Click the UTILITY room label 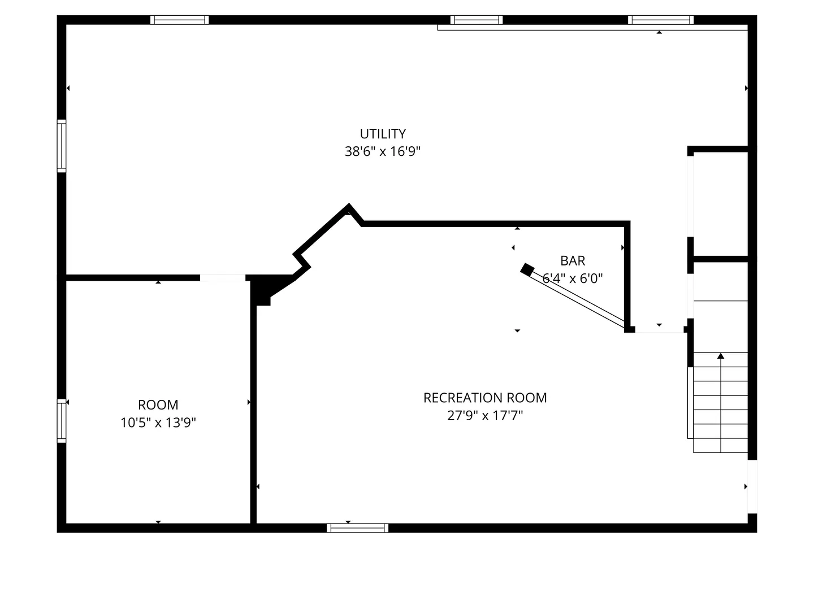pyautogui.click(x=383, y=134)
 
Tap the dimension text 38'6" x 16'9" pyautogui.click(x=383, y=151)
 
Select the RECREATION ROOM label pyautogui.click(x=485, y=398)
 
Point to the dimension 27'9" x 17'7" pyautogui.click(x=485, y=416)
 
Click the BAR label pyautogui.click(x=573, y=260)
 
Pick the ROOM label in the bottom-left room pyautogui.click(x=158, y=405)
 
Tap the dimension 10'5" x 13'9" pyautogui.click(x=158, y=422)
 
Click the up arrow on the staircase pyautogui.click(x=721, y=356)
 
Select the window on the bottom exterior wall pyautogui.click(x=357, y=528)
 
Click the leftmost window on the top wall pyautogui.click(x=180, y=20)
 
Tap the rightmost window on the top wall pyautogui.click(x=660, y=20)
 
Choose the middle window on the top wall pyautogui.click(x=476, y=20)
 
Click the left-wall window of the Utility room pyautogui.click(x=62, y=146)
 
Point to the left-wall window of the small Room pyautogui.click(x=62, y=421)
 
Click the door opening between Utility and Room pyautogui.click(x=223, y=277)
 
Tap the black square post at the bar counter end pyautogui.click(x=527, y=269)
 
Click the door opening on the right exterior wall pyautogui.click(x=752, y=486)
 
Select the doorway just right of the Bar pyautogui.click(x=659, y=330)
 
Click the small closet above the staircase pyautogui.click(x=721, y=203)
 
